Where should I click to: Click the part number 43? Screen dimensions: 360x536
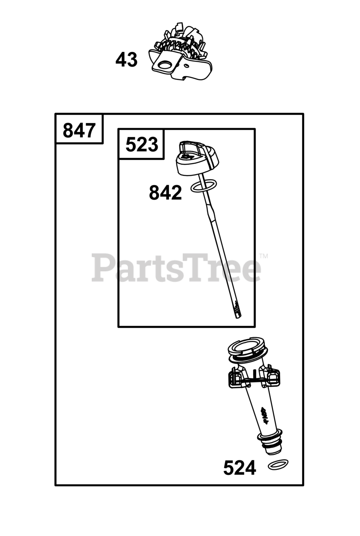click(x=127, y=59)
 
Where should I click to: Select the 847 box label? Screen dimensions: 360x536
click(x=79, y=130)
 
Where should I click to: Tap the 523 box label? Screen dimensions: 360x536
click(x=142, y=144)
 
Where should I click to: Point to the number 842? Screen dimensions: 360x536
click(x=165, y=192)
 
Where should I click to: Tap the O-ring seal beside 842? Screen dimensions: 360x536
click(x=204, y=186)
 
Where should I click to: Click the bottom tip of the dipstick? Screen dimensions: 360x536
click(x=238, y=317)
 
